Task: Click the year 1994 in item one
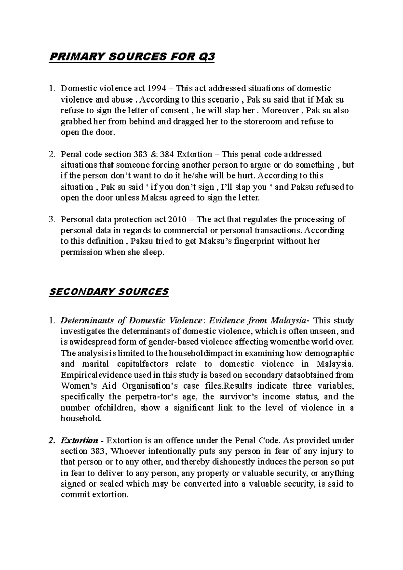click(156, 89)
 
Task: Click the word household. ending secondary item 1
click(81, 419)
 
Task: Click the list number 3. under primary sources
click(52, 220)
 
